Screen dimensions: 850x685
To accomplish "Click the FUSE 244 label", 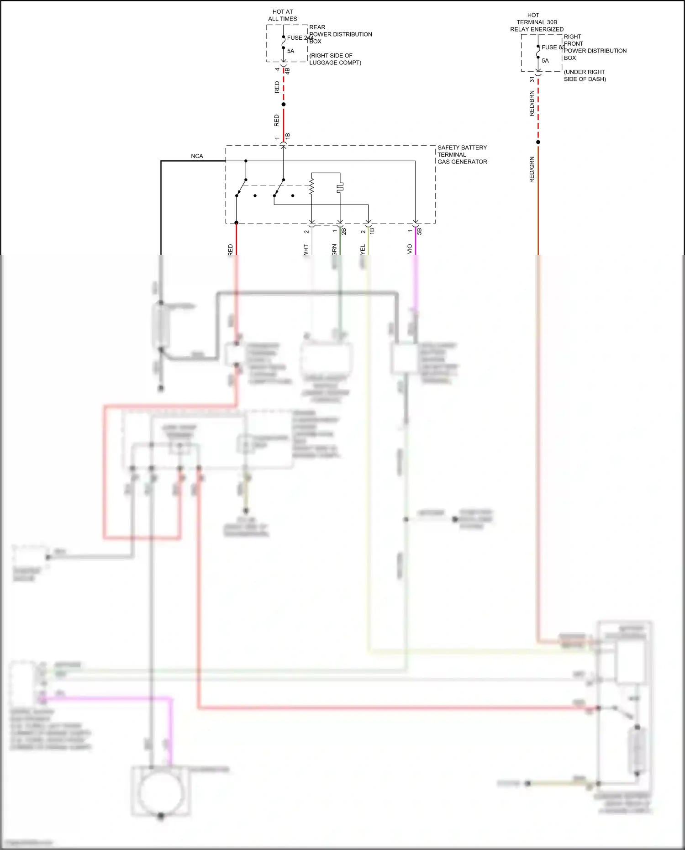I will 300,38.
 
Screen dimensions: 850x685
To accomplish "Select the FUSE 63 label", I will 553,47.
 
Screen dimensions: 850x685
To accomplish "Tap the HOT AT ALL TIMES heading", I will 282,15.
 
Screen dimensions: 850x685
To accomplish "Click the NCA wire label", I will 197,156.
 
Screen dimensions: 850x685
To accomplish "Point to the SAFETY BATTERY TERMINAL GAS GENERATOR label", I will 462,154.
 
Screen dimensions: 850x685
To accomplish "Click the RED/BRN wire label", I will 532,103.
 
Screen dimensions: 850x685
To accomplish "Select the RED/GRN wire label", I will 532,169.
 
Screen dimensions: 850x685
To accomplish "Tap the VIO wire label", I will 410,249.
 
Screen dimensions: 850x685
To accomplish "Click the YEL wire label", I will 363,250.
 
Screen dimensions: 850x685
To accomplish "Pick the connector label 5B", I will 419,231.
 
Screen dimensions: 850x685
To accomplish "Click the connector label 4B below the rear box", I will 287,71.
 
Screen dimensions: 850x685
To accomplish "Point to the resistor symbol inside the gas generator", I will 312,186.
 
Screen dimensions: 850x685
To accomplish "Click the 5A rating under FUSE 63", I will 545,60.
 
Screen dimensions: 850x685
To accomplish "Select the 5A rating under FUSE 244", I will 290,51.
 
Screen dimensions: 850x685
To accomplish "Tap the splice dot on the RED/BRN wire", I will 538,142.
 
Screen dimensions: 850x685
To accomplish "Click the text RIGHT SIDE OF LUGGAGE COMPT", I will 335,59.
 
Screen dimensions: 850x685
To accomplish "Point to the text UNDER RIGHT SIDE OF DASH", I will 585,75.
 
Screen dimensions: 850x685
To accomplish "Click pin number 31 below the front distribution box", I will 532,79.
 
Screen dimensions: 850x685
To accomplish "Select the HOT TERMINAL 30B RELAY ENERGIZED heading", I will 537,22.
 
